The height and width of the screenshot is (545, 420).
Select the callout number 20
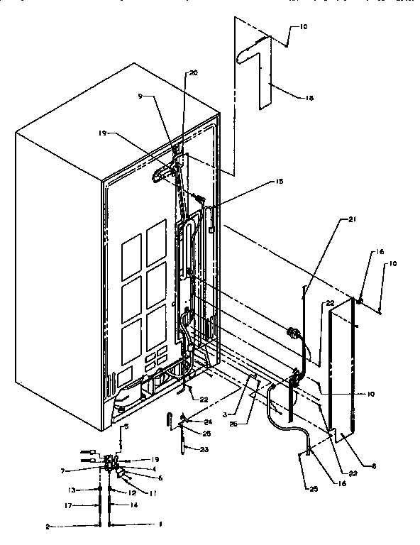click(194, 73)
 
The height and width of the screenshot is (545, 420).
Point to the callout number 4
click(153, 468)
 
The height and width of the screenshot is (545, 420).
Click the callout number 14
click(136, 505)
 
